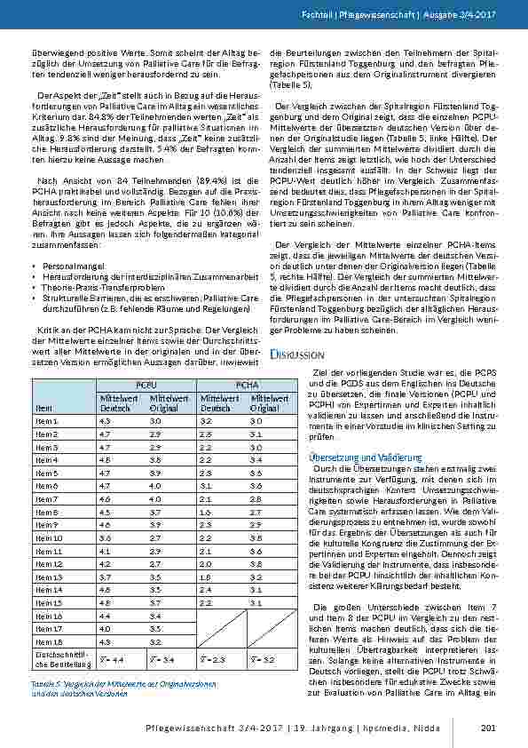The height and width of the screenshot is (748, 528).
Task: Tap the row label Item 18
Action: (x=46, y=641)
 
